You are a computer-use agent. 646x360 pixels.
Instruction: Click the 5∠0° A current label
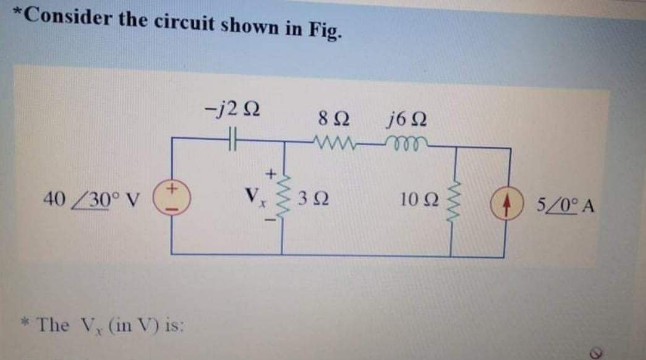click(564, 204)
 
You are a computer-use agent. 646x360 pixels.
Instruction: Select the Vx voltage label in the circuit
click(253, 199)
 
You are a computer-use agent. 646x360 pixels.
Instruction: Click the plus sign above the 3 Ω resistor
click(270, 166)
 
